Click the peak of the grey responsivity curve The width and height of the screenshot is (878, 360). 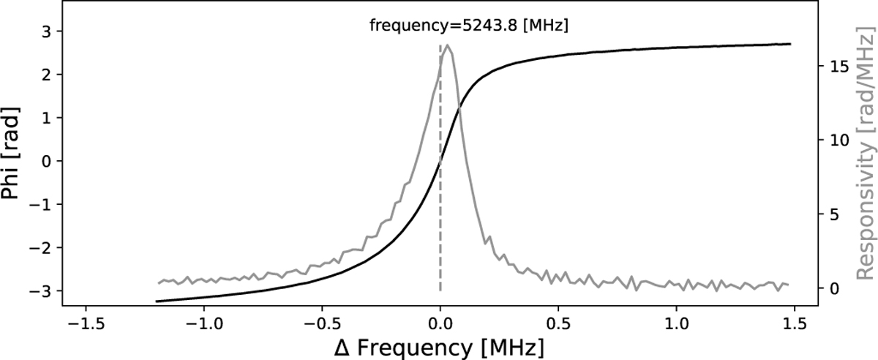click(x=448, y=45)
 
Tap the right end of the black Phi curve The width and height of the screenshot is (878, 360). click(x=791, y=44)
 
